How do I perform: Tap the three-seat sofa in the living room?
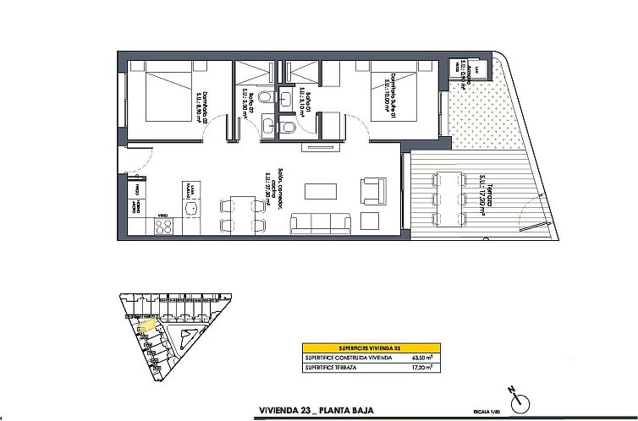(x=321, y=222)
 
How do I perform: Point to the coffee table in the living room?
(x=321, y=190)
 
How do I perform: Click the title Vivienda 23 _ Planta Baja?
(x=318, y=412)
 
